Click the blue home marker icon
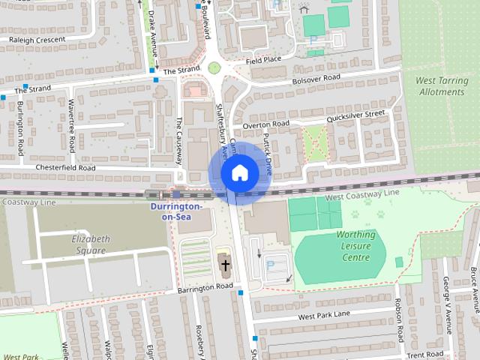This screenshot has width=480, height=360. coord(239,173)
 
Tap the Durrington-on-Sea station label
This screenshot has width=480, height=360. coord(175,210)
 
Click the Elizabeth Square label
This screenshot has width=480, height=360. coord(90,244)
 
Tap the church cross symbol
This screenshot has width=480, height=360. coord(225,264)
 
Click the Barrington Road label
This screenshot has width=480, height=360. coord(206,287)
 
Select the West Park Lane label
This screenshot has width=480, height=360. coord(323,314)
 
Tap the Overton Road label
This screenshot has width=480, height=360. coord(268,124)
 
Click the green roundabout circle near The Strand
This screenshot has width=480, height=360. coord(214,68)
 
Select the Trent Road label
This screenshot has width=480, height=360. coord(425,353)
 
